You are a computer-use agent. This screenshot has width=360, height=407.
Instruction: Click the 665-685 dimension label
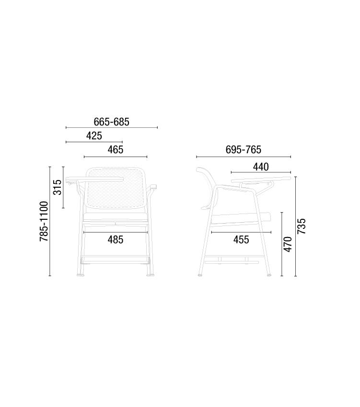click(111, 122)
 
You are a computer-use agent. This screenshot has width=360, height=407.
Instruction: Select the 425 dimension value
click(94, 136)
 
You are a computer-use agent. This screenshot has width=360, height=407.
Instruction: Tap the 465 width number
click(116, 150)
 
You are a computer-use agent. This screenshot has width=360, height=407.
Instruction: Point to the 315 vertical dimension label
click(57, 187)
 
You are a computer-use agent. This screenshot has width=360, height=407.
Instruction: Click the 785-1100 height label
click(44, 221)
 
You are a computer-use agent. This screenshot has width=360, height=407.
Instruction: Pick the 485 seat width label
click(116, 239)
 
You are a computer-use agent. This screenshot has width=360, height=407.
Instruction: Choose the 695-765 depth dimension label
click(244, 149)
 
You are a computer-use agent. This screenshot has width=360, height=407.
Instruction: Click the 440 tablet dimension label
click(261, 167)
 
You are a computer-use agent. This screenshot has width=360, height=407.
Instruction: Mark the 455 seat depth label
click(241, 239)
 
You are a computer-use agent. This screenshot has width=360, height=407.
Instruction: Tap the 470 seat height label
click(288, 244)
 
